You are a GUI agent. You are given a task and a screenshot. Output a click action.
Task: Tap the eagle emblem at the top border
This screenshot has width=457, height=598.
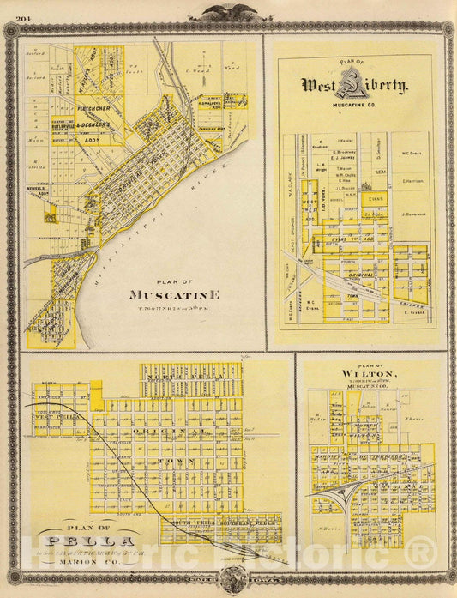pos(227,14)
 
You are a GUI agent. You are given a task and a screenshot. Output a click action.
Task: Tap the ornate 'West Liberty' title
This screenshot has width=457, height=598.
pos(353,84)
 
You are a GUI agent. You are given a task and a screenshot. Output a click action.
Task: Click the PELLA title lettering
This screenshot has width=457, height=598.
pos(90,542)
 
